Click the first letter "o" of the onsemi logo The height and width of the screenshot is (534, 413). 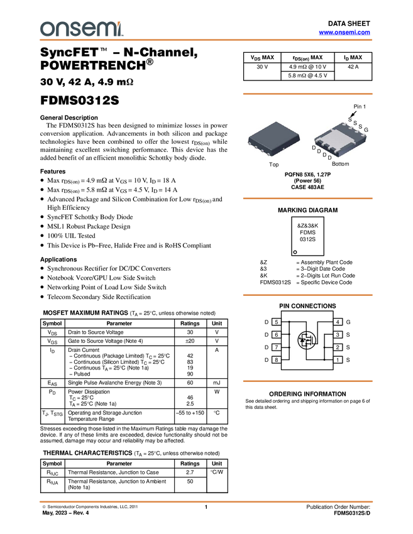(46, 29)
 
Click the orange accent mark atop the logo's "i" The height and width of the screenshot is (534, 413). (120, 22)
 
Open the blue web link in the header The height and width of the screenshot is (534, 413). (344, 32)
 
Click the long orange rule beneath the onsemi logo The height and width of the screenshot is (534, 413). (206, 40)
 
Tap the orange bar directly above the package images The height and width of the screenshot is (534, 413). (307, 94)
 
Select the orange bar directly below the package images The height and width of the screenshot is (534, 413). (307, 199)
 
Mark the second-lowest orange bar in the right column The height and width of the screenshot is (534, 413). (307, 295)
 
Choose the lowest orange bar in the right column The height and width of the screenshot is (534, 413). (307, 381)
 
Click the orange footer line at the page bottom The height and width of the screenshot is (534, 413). (206, 502)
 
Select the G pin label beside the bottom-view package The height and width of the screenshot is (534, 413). (366, 130)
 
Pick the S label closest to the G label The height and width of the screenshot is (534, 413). (360, 127)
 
